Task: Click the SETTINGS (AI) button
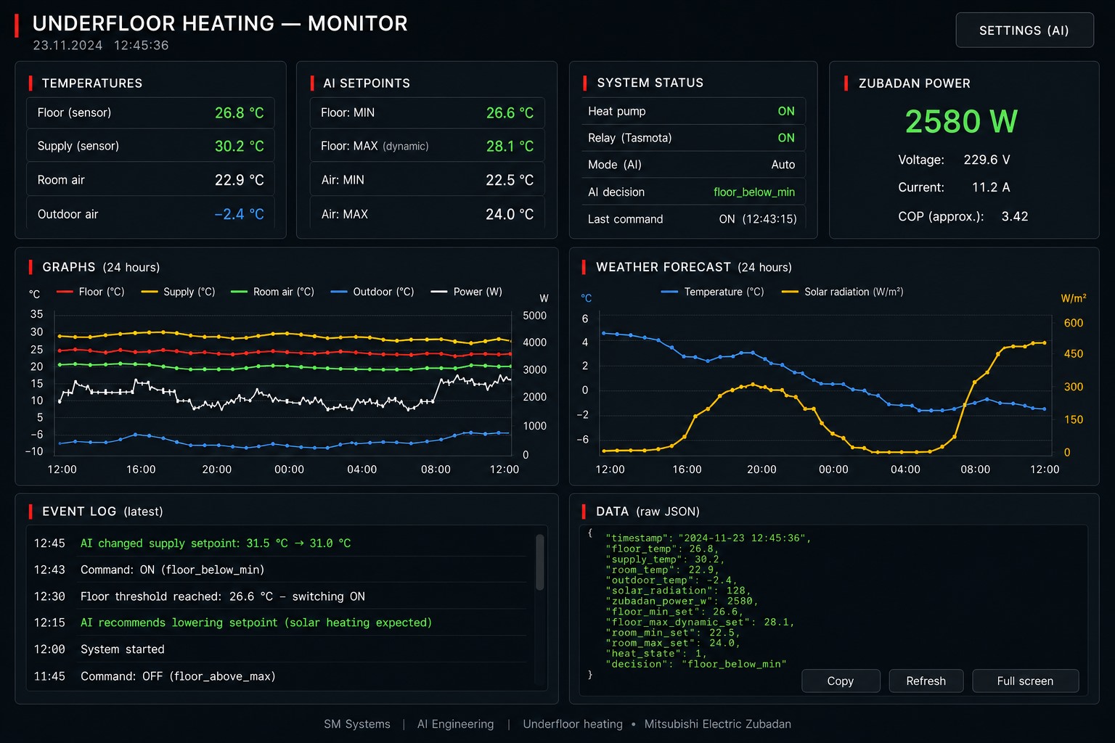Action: pos(1024,30)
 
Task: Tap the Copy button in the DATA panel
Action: pos(840,681)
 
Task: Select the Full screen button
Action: pos(1025,681)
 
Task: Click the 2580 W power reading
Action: pos(961,121)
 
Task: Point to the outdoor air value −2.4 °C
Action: pos(239,214)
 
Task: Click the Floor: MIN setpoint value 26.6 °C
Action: pos(510,113)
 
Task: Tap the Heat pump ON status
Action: pos(786,111)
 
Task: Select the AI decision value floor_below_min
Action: pos(754,192)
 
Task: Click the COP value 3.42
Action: pos(1014,216)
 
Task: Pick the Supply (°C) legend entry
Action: pos(178,292)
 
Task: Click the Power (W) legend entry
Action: pos(467,292)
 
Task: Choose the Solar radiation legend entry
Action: pos(842,292)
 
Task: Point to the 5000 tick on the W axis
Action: pos(534,316)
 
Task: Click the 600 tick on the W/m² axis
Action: pos(1073,323)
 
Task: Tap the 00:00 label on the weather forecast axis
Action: pos(833,469)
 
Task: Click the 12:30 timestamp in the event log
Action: pos(49,596)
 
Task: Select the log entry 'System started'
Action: pos(123,649)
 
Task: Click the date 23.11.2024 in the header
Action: pos(68,45)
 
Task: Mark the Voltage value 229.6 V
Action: pos(987,160)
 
